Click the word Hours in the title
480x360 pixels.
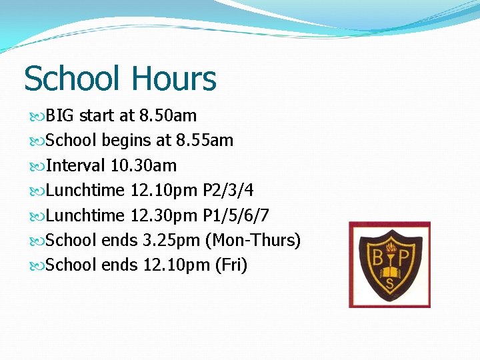[174, 79]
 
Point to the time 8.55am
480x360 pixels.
[205, 141]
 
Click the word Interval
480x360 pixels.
[76, 165]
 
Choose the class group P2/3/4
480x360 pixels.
[227, 191]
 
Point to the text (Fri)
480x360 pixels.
[231, 265]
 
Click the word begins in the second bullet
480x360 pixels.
[127, 141]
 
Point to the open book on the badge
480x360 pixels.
[390, 272]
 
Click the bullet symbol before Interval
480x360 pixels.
[37, 165]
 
